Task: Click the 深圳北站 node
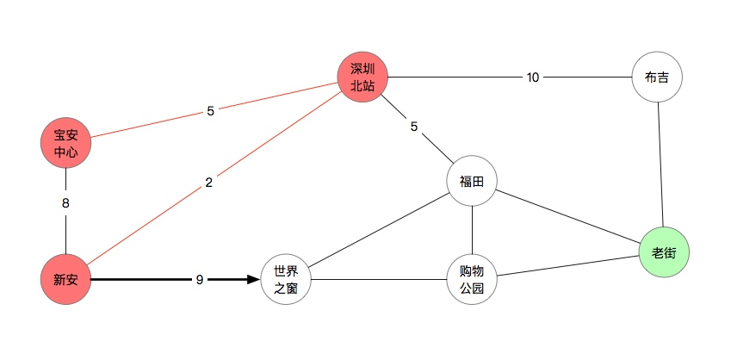pyautogui.click(x=362, y=77)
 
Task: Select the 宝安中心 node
pyautogui.click(x=65, y=143)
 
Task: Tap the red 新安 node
pyautogui.click(x=65, y=279)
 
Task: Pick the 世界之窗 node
pyautogui.click(x=286, y=279)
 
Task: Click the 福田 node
pyautogui.click(x=472, y=181)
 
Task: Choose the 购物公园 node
pyautogui.click(x=472, y=279)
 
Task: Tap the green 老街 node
pyautogui.click(x=664, y=253)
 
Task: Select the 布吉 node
pyautogui.click(x=657, y=77)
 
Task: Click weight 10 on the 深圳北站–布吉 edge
pyautogui.click(x=533, y=78)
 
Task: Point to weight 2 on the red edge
pyautogui.click(x=208, y=183)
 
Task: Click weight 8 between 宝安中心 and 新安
pyautogui.click(x=65, y=205)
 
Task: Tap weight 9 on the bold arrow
pyautogui.click(x=200, y=279)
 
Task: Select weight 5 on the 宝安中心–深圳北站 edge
pyautogui.click(x=210, y=110)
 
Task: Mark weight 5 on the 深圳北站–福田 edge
pyautogui.click(x=414, y=127)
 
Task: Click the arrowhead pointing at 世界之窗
pyautogui.click(x=253, y=279)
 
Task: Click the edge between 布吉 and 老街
pyautogui.click(x=660, y=165)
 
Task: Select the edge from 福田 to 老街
pyautogui.click(x=568, y=217)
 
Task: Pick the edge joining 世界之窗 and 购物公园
pyautogui.click(x=379, y=279)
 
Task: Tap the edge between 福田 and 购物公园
pyautogui.click(x=472, y=230)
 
